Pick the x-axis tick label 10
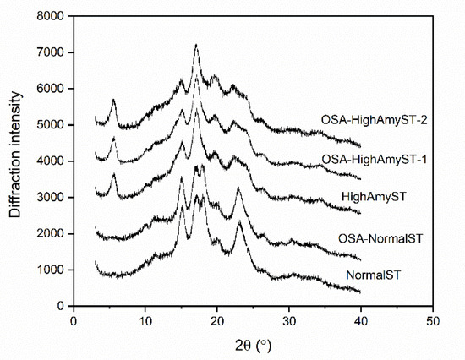click(x=145, y=320)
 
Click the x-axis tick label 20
click(x=217, y=320)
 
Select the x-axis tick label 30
click(x=289, y=320)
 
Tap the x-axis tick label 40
click(x=361, y=320)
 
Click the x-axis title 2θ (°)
click(x=253, y=345)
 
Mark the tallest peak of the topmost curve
click(x=196, y=46)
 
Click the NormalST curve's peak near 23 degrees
click(x=239, y=223)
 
